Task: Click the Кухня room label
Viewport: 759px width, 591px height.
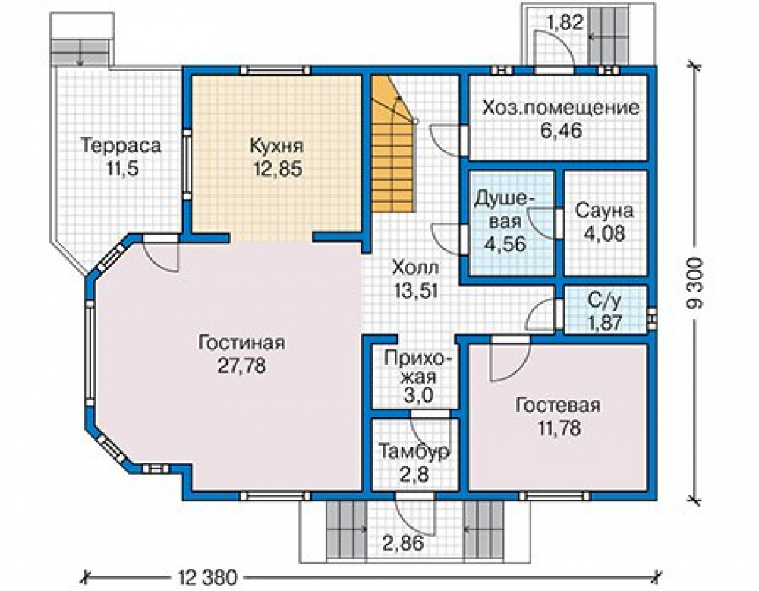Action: tap(276, 146)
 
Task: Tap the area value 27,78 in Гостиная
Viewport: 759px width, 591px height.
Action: tap(241, 365)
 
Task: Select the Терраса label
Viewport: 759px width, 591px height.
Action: tap(121, 146)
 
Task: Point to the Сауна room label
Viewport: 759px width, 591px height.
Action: tap(604, 211)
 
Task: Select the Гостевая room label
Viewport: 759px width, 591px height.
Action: tap(558, 405)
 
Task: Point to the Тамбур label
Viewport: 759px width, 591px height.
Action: tap(414, 452)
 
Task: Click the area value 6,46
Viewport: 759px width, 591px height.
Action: tap(561, 131)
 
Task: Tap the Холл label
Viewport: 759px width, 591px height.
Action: tap(416, 267)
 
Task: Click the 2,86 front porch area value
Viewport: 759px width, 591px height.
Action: tap(403, 543)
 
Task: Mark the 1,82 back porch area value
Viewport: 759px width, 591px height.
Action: tap(564, 22)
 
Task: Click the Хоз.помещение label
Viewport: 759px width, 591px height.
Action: tap(561, 108)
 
